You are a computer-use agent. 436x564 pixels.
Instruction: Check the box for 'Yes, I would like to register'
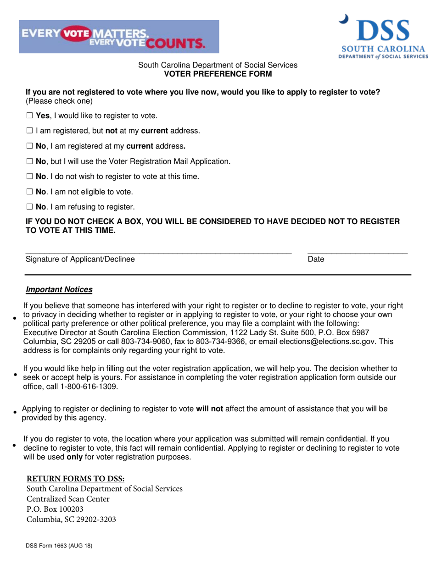click(29, 116)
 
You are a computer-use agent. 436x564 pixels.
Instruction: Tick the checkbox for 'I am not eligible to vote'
click(29, 192)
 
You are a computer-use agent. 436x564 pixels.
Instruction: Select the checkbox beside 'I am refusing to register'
click(29, 207)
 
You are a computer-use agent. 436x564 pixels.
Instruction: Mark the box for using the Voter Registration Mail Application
click(29, 161)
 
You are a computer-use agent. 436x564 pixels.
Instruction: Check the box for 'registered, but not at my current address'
click(29, 131)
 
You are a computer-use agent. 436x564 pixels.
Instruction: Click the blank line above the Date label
click(357, 252)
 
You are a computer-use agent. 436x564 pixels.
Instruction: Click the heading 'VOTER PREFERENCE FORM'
click(218, 74)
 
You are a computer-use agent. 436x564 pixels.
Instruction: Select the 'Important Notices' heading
click(59, 290)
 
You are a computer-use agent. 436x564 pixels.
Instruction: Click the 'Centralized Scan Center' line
click(68, 499)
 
